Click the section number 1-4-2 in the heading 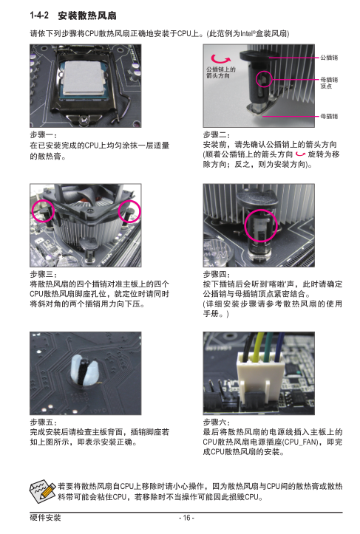[39, 16]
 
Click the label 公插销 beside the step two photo [329, 58]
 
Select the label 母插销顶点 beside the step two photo [329, 83]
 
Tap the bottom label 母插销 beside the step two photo [329, 116]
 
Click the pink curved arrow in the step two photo [220, 59]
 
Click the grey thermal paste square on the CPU [84, 78]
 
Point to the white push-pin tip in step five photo [84, 370]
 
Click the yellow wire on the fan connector [258, 346]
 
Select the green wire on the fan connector [269, 346]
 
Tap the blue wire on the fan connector [279, 346]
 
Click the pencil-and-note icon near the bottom [42, 491]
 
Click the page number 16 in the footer [186, 518]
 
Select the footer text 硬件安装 [45, 518]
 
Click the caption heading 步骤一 [44, 135]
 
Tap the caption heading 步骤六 [217, 422]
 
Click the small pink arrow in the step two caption [300, 154]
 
